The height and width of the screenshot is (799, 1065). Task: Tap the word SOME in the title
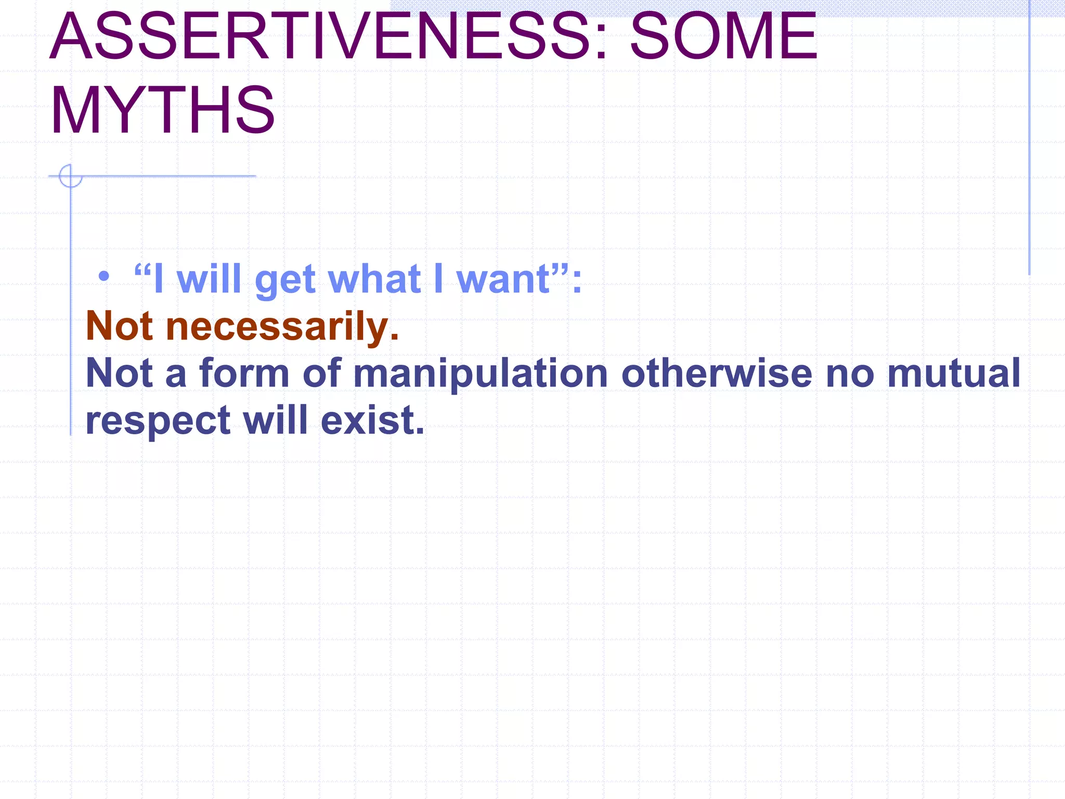tap(723, 36)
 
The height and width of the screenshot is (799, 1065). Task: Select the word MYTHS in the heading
tap(162, 110)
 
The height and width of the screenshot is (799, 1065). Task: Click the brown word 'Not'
tap(119, 327)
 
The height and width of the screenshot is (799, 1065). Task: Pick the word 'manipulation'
tap(480, 373)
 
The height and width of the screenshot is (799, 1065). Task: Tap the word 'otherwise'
tap(717, 373)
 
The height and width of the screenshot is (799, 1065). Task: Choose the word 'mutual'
tap(954, 373)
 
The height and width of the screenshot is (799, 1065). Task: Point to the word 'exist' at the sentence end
tap(372, 420)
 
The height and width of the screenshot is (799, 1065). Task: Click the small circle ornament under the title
tap(70, 176)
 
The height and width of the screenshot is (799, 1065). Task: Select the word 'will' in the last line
tap(275, 420)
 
